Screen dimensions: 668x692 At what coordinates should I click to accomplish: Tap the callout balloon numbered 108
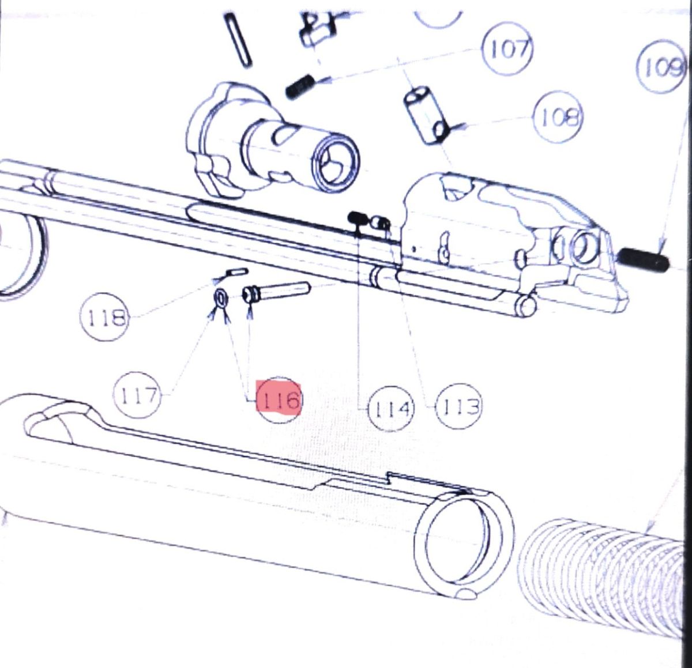click(559, 118)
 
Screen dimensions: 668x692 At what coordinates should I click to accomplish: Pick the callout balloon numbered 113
click(458, 407)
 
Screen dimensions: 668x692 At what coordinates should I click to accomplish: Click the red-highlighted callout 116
click(279, 399)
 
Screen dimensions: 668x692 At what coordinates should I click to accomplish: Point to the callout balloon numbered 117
click(137, 395)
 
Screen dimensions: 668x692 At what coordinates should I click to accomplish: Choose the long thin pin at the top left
click(236, 39)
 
